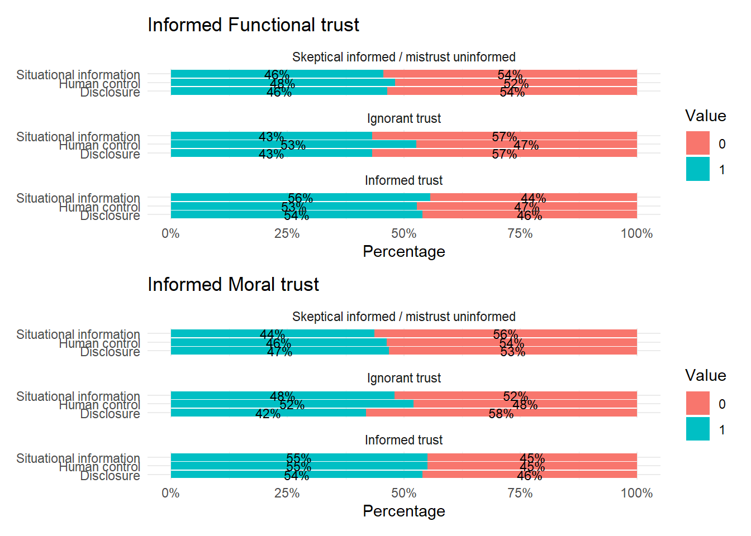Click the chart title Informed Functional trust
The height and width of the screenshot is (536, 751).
[x=253, y=25]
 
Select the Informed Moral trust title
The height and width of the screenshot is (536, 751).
[x=233, y=285]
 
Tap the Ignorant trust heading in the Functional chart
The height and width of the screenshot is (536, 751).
[x=403, y=118]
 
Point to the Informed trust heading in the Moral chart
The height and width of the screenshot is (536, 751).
[x=403, y=440]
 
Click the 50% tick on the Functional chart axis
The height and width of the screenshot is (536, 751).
[x=403, y=233]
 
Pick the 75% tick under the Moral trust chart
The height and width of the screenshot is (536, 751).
[x=520, y=493]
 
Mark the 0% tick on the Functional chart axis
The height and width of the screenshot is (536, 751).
[x=170, y=233]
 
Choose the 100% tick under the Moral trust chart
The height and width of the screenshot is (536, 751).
[x=636, y=493]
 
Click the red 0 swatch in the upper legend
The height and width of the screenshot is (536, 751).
[x=698, y=143]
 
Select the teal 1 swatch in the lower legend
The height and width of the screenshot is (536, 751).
[x=698, y=429]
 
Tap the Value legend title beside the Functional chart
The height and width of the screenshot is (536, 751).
[x=705, y=116]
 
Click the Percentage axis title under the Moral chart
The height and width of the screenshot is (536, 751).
[x=403, y=511]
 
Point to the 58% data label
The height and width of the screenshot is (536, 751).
[x=501, y=414]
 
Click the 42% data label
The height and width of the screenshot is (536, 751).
[x=268, y=414]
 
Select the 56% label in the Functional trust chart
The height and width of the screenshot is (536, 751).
[x=300, y=198]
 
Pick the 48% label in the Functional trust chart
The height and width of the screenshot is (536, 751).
[x=282, y=84]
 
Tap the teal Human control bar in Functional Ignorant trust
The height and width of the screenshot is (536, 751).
[x=235, y=144]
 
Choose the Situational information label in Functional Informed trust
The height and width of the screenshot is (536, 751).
[x=78, y=198]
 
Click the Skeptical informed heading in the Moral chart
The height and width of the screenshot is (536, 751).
[x=403, y=317]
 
